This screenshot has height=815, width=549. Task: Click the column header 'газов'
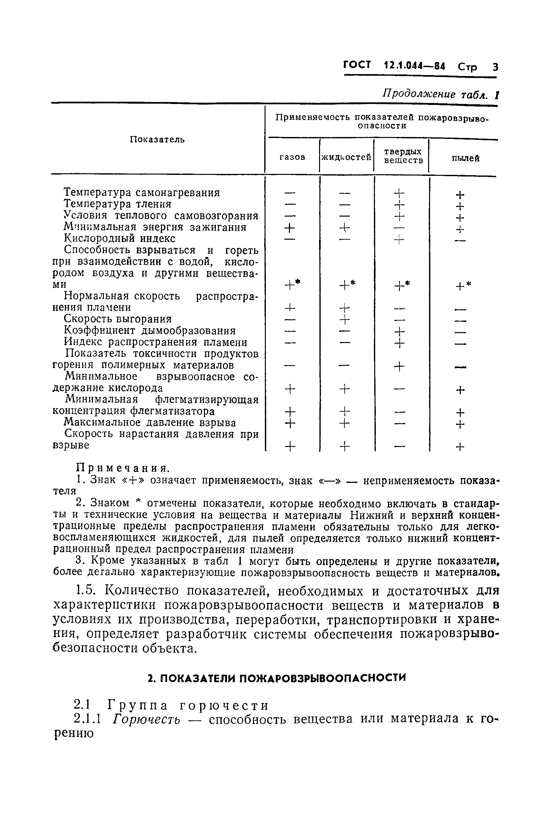coord(292,157)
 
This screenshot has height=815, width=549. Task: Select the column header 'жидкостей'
coord(346,157)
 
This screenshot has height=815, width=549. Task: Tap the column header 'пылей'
coord(465,158)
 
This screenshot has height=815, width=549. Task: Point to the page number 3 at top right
coord(495,66)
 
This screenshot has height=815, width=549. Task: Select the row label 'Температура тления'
coord(118,204)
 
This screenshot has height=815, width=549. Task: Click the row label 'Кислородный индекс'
coord(119,238)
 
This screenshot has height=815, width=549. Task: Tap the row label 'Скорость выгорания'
coord(118,319)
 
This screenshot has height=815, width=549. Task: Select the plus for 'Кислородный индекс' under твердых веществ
coord(399,240)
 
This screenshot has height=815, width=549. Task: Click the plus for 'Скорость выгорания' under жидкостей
coord(345,319)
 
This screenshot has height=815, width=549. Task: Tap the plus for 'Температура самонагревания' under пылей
coord(460,194)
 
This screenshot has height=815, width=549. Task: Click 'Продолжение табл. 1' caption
coord(440,95)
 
